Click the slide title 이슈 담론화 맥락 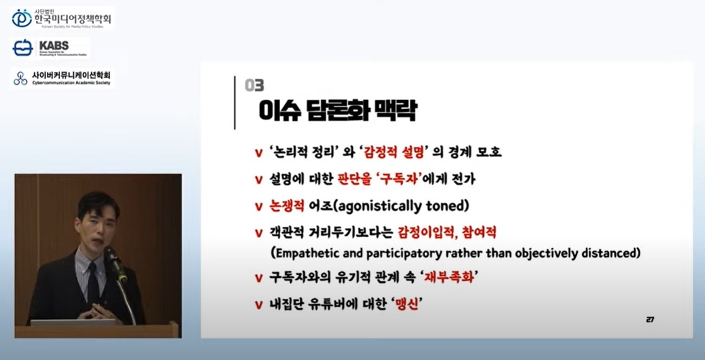pos(337,111)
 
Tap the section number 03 pos(254,85)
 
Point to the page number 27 pos(650,319)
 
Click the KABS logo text pos(54,46)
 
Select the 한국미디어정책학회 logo pos(62,19)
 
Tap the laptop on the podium pos(74,322)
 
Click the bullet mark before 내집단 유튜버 pos(259,305)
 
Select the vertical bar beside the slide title pos(235,102)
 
